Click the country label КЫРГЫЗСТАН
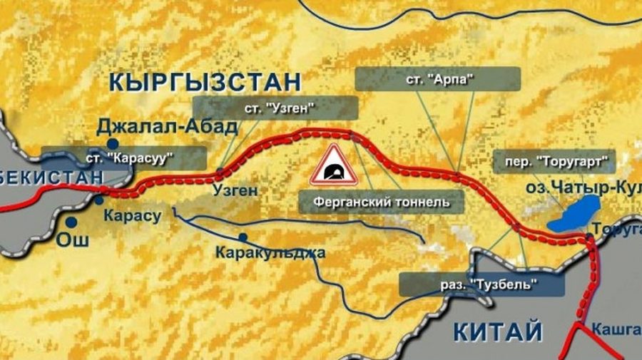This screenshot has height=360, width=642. (x=205, y=81)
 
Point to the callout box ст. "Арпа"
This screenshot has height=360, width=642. (x=437, y=78)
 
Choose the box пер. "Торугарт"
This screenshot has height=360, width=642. (x=554, y=160)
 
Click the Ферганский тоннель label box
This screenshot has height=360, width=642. (x=382, y=201)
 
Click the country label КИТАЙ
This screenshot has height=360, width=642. (x=498, y=331)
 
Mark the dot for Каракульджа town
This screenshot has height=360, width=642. (x=243, y=237)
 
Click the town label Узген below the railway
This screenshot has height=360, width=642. (x=235, y=190)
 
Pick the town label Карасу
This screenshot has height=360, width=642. (x=133, y=215)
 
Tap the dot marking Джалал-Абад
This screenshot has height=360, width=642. (x=113, y=143)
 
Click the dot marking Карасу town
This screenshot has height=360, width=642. (x=99, y=200)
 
